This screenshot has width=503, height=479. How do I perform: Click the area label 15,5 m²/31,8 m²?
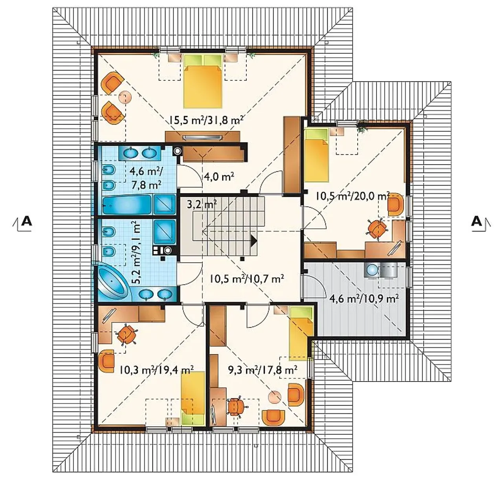coord(206,120)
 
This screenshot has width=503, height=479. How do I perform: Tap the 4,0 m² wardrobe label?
coord(219,176)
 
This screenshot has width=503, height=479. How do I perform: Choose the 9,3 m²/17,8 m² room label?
coord(263,369)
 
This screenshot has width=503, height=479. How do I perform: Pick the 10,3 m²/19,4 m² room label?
coord(156,369)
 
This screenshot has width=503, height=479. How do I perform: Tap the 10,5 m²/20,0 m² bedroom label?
coord(352,196)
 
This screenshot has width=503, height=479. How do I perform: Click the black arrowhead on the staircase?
coord(254,241)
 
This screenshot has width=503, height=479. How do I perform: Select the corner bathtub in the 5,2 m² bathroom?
coord(112,282)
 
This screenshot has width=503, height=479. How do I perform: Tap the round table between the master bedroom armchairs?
coord(125,97)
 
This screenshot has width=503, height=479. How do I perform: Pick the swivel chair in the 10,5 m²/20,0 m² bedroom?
coord(377,229)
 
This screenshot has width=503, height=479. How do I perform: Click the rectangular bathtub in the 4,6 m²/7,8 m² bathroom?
coord(127,204)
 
